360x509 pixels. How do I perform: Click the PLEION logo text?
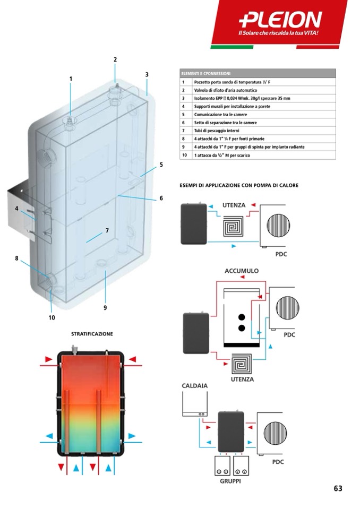(x=280, y=21)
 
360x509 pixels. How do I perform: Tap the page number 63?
(x=338, y=489)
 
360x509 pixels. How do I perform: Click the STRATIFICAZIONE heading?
(x=92, y=334)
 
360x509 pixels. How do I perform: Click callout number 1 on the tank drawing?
(x=71, y=79)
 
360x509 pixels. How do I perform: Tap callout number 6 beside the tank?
(x=161, y=199)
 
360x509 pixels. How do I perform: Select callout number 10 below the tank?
(x=52, y=318)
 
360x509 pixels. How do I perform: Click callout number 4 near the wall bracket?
(x=16, y=209)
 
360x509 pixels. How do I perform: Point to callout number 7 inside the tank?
(x=107, y=231)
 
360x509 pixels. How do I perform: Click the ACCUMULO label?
(x=242, y=271)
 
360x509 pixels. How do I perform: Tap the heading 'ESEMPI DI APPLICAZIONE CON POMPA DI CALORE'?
(x=239, y=185)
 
